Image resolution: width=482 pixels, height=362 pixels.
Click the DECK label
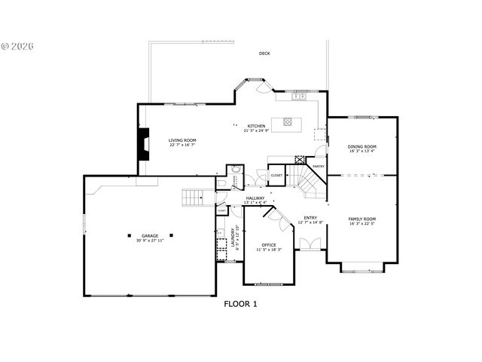[264, 54]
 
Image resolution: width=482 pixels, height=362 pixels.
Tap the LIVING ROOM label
[182, 140]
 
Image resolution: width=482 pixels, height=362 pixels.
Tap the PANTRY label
[319, 166]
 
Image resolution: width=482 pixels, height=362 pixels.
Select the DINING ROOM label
[362, 146]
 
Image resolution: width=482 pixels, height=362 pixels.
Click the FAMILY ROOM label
[362, 219]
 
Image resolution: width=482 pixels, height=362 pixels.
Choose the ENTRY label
[310, 218]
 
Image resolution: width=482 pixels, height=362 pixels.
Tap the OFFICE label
[269, 245]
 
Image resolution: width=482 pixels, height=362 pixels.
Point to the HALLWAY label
[256, 198]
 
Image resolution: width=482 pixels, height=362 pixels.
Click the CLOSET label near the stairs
[276, 175]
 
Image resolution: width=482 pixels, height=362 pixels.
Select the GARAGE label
[151, 235]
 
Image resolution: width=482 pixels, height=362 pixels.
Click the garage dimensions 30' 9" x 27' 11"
[151, 241]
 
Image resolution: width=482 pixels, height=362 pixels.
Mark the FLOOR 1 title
[241, 304]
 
